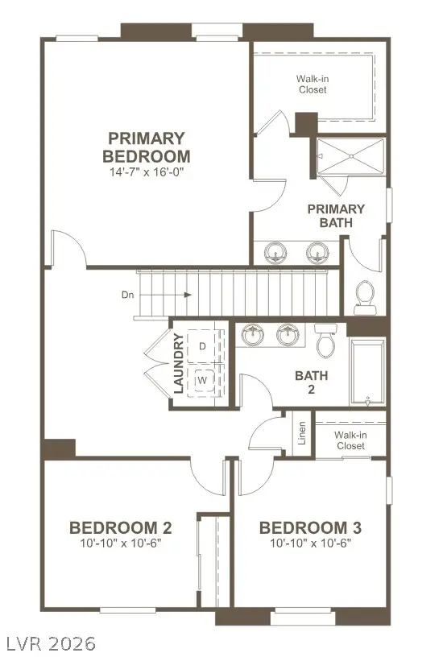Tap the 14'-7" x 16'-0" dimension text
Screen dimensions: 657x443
click(149, 171)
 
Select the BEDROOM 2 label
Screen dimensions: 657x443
click(120, 528)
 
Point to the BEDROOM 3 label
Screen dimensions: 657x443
click(310, 528)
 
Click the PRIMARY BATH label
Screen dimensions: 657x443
click(336, 215)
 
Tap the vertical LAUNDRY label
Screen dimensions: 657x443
click(179, 364)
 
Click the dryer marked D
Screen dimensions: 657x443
click(202, 346)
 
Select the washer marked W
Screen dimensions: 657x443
click(202, 378)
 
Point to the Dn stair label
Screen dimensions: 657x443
click(127, 295)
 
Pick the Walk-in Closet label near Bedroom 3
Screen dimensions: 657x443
click(350, 440)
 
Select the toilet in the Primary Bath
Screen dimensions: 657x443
click(365, 295)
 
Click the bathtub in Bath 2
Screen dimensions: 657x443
click(366, 373)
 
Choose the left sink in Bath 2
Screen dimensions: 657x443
click(253, 334)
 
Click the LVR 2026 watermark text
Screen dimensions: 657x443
click(49, 643)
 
